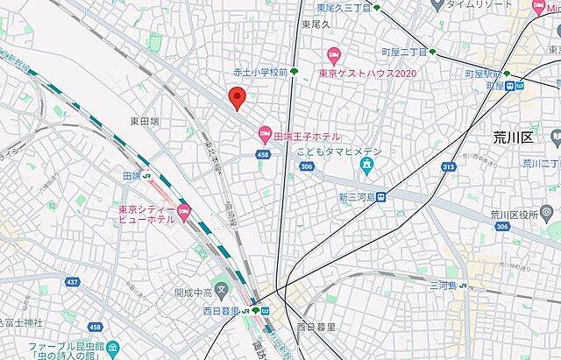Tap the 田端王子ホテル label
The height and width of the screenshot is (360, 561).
308,136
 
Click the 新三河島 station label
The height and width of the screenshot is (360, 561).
355,197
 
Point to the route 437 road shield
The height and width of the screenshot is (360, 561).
70,283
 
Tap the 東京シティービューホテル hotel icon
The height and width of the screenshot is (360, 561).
183,210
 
